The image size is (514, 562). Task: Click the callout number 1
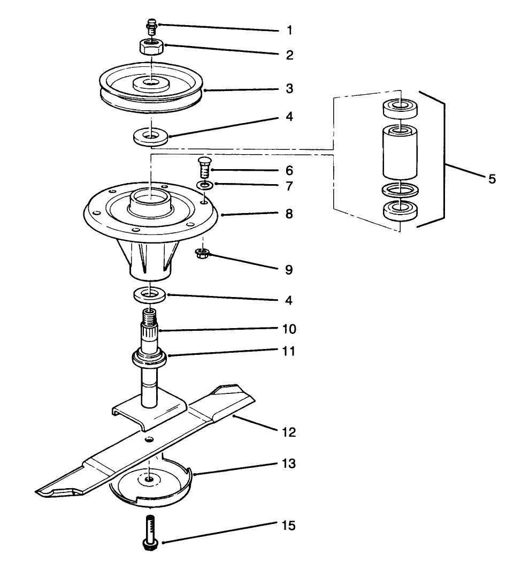(x=289, y=30)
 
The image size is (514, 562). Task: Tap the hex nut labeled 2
(x=152, y=47)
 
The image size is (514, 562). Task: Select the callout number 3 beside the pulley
(x=289, y=88)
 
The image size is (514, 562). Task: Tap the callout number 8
(x=289, y=214)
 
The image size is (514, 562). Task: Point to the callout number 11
(x=289, y=352)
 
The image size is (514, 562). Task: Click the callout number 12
(x=289, y=431)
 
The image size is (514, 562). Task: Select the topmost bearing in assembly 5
(x=400, y=109)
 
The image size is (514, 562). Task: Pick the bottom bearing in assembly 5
(x=400, y=210)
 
